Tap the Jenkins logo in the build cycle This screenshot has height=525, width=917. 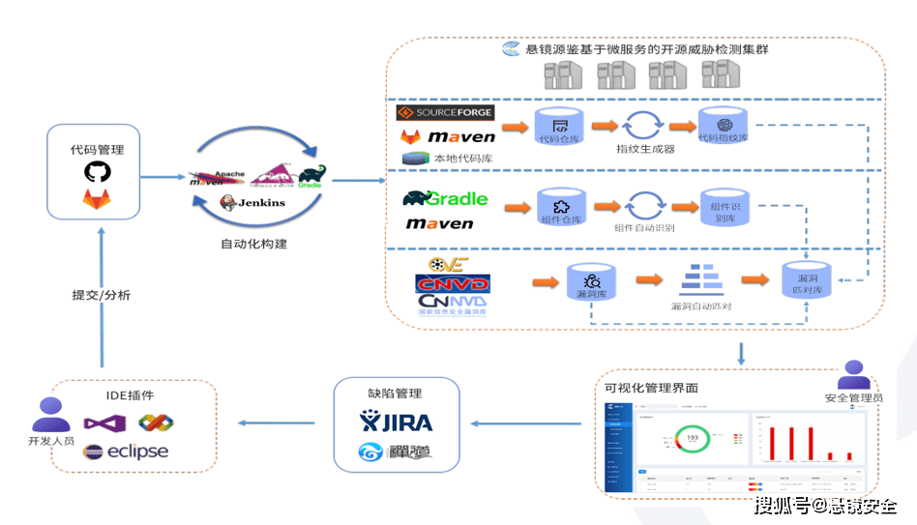[253, 202]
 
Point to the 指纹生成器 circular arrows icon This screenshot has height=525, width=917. [642, 127]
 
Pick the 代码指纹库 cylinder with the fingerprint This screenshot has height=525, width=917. [724, 127]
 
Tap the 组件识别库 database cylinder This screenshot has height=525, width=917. [724, 208]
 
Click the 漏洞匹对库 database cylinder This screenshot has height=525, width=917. [805, 280]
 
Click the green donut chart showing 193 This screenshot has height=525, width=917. [692, 439]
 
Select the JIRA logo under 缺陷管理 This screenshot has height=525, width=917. [397, 422]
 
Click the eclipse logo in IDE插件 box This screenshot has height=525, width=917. [126, 452]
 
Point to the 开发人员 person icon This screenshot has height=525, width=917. [51, 416]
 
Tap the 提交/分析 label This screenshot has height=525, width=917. [101, 295]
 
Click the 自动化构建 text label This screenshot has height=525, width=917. [253, 244]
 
